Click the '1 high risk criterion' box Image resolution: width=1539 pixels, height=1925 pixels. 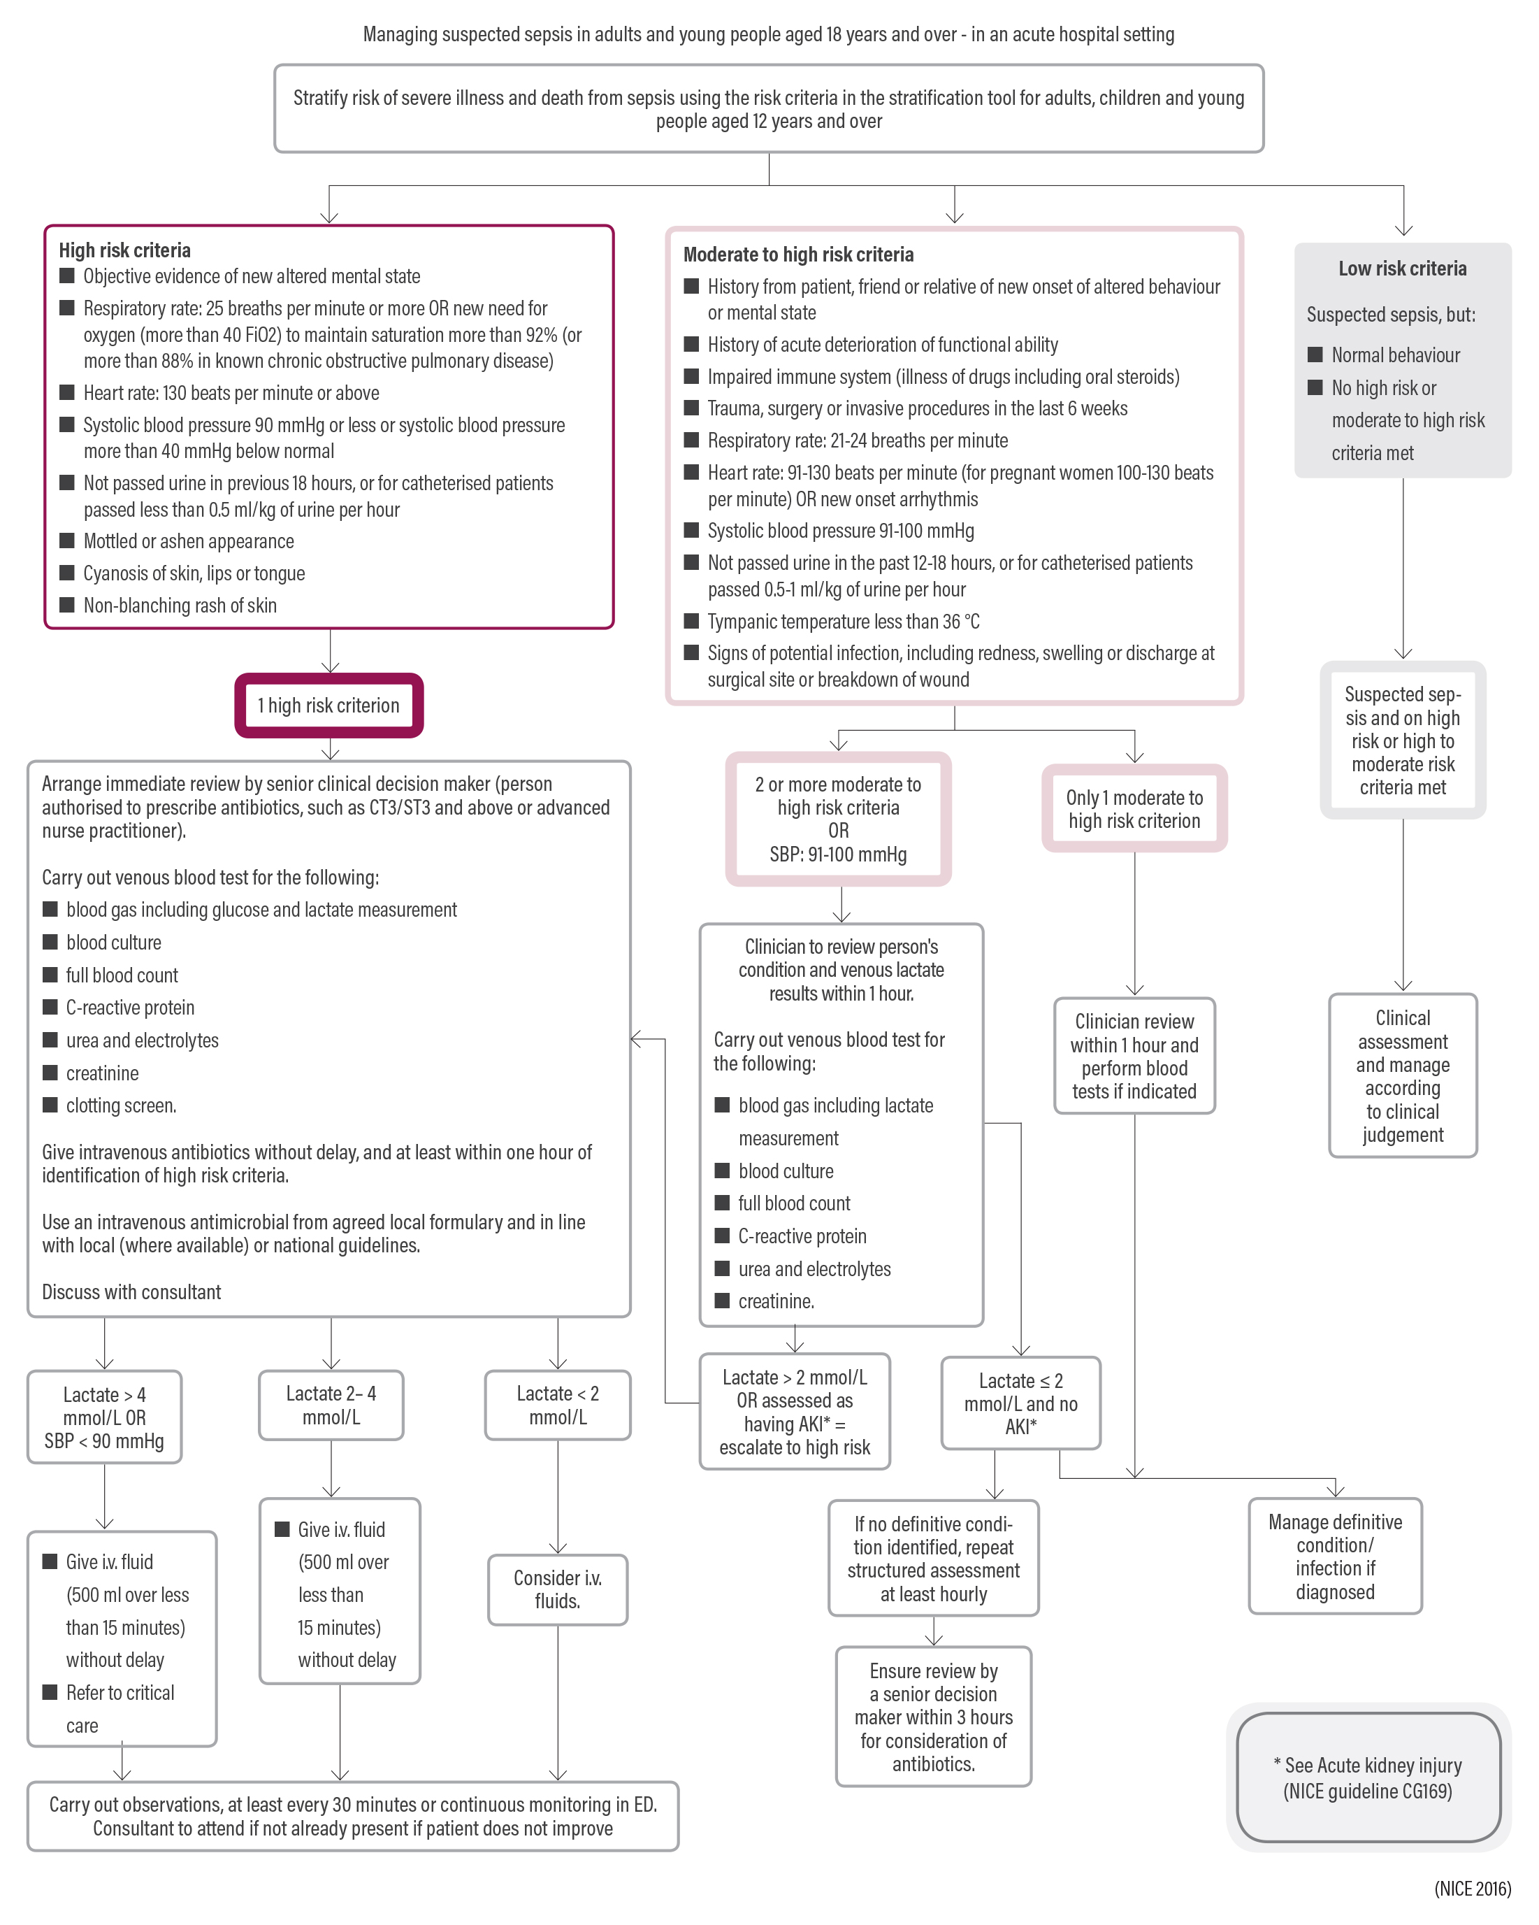[x=328, y=706]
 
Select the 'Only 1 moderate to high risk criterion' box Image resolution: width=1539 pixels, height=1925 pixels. [x=1134, y=809]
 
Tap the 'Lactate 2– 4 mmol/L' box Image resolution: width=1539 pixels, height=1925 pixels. [x=331, y=1405]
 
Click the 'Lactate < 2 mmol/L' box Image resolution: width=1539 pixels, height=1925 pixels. [x=558, y=1405]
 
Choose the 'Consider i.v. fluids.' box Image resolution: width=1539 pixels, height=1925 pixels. [x=558, y=1589]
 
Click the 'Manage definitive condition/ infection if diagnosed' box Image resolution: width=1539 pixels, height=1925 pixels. [x=1335, y=1557]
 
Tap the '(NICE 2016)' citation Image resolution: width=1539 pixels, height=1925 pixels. [x=1472, y=1889]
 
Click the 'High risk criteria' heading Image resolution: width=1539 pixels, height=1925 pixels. [x=125, y=250]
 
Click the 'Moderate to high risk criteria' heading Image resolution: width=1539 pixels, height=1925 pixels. [x=798, y=255]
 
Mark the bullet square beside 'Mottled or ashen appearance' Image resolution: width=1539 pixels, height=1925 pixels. [x=67, y=541]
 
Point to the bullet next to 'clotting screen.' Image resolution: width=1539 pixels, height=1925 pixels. [x=50, y=1105]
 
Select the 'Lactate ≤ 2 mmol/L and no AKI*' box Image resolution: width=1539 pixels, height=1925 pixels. [x=1020, y=1403]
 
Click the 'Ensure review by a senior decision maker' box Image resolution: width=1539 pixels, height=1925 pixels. [x=933, y=1717]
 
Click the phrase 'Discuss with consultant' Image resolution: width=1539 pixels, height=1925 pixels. [x=131, y=1292]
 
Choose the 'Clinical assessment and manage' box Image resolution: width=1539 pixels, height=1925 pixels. [x=1403, y=1076]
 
